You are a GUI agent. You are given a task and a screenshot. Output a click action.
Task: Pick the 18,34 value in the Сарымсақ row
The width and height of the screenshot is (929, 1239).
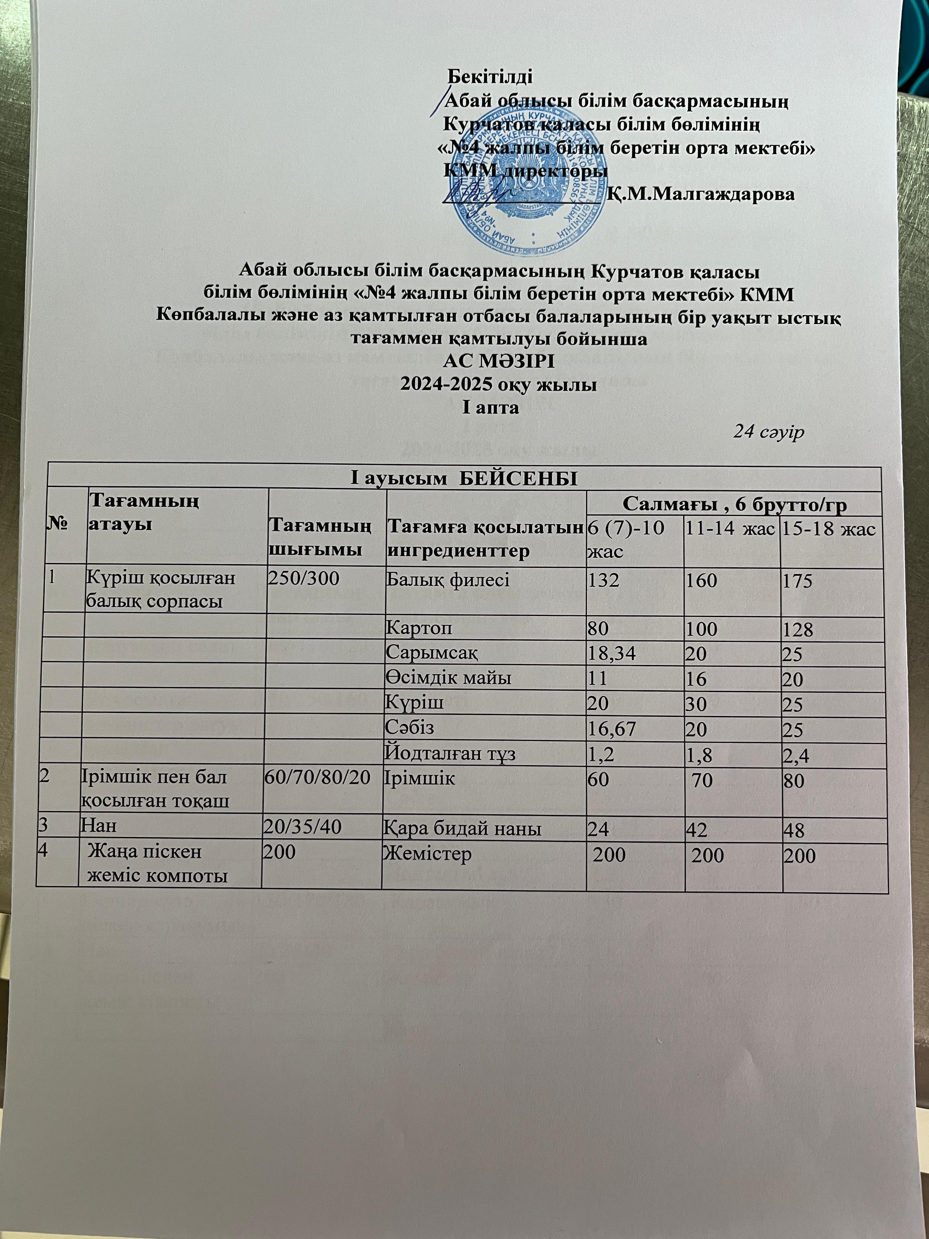(x=611, y=654)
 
